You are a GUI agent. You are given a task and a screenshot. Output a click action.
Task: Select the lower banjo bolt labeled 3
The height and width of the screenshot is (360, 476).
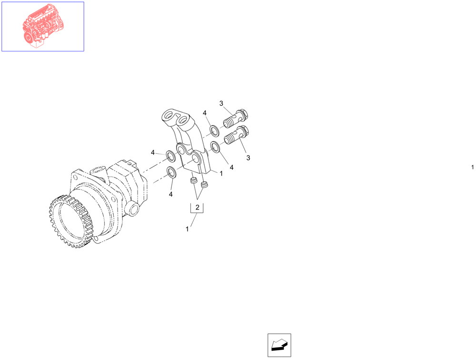(x=236, y=136)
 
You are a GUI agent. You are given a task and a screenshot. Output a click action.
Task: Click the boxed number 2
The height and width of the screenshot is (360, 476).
(x=197, y=207)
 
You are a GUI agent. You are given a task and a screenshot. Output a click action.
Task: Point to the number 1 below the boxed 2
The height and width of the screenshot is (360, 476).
(x=187, y=229)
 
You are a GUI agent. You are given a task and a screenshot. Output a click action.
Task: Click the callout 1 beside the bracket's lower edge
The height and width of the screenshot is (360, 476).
(x=221, y=173)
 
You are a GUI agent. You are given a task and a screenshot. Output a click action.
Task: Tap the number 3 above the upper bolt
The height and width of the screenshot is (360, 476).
(x=221, y=103)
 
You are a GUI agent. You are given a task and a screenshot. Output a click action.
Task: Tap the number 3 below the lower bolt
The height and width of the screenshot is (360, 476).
(x=248, y=157)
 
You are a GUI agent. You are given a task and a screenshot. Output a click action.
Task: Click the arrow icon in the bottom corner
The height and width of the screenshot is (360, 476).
(x=279, y=345)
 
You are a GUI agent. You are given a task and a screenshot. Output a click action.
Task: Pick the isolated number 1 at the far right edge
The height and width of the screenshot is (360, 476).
(x=472, y=167)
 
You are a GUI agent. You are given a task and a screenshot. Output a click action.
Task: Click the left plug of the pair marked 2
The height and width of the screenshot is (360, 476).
(x=193, y=181)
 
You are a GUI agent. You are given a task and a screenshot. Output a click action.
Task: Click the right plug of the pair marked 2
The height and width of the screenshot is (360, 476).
(x=204, y=184)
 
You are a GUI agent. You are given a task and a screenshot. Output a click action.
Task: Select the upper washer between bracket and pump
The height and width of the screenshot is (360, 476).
(x=170, y=155)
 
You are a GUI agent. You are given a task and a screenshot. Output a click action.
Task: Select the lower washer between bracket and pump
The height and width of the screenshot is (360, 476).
(x=172, y=172)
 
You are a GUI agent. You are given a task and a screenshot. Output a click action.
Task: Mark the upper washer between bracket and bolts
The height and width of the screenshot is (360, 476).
(x=214, y=129)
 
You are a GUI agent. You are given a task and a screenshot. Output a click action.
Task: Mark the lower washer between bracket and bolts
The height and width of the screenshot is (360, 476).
(x=215, y=146)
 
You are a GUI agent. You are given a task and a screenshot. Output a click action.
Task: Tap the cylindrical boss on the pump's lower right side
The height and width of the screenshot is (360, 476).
(x=132, y=208)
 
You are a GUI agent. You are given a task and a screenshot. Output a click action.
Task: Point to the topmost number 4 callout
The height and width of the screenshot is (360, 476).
(x=204, y=113)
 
